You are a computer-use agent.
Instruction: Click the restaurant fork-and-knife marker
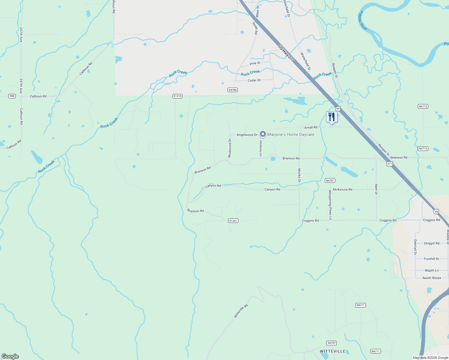point(332,117)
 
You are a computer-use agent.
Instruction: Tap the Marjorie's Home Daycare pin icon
point(263,134)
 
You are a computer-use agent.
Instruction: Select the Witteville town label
point(333,351)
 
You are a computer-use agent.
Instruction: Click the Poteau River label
point(363,20)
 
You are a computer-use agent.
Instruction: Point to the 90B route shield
point(12,96)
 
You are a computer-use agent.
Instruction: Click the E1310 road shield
point(177,96)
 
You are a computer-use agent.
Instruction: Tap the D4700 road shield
point(233,90)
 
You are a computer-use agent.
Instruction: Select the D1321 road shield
point(233,220)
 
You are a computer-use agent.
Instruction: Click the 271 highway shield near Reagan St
point(389,164)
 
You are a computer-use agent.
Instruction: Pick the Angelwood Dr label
point(247,135)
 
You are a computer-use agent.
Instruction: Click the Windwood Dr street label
point(230,148)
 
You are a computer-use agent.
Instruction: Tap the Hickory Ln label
point(261,148)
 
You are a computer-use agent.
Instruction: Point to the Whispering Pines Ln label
point(330,205)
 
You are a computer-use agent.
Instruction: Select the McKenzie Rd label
point(342,189)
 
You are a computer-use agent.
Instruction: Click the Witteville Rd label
point(241,311)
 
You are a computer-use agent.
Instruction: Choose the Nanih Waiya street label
point(432,278)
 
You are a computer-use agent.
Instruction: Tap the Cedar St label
point(254,80)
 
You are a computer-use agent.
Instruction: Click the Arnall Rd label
point(311,127)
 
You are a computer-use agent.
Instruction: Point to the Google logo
point(10,356)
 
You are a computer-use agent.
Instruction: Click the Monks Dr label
point(299,175)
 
